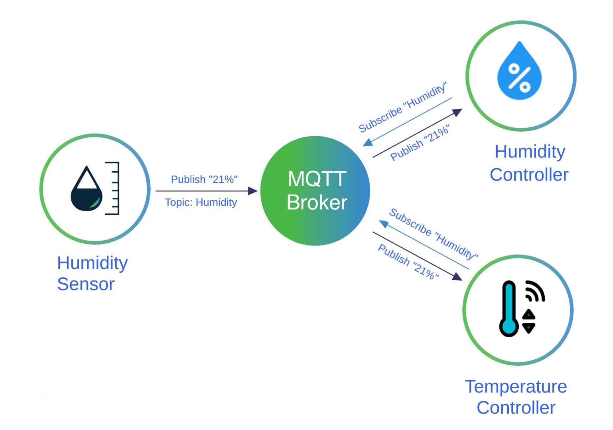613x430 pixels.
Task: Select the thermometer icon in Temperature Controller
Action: pyautogui.click(x=509, y=309)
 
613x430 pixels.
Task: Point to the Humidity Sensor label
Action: pyautogui.click(x=92, y=273)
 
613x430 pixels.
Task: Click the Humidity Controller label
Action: pyautogui.click(x=529, y=163)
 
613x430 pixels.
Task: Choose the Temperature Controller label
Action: pyautogui.click(x=516, y=397)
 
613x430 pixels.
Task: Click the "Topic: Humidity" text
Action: pyautogui.click(x=201, y=202)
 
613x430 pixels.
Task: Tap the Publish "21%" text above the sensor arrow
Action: pyautogui.click(x=204, y=179)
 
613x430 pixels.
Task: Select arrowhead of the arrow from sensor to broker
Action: pyautogui.click(x=253, y=191)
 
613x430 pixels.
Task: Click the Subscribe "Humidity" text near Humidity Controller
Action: pyautogui.click(x=402, y=107)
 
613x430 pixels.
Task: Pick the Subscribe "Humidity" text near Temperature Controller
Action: pyautogui.click(x=433, y=233)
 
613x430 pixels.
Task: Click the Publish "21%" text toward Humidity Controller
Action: pyautogui.click(x=419, y=143)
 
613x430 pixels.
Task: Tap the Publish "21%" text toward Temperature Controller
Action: pyautogui.click(x=408, y=262)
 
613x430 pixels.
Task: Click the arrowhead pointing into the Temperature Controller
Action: pyautogui.click(x=457, y=277)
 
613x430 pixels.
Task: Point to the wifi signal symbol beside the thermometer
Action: pyautogui.click(x=534, y=292)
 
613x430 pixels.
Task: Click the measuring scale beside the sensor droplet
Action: pyautogui.click(x=113, y=188)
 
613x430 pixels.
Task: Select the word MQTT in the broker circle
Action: pyautogui.click(x=317, y=178)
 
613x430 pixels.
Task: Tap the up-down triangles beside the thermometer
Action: pyautogui.click(x=529, y=321)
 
